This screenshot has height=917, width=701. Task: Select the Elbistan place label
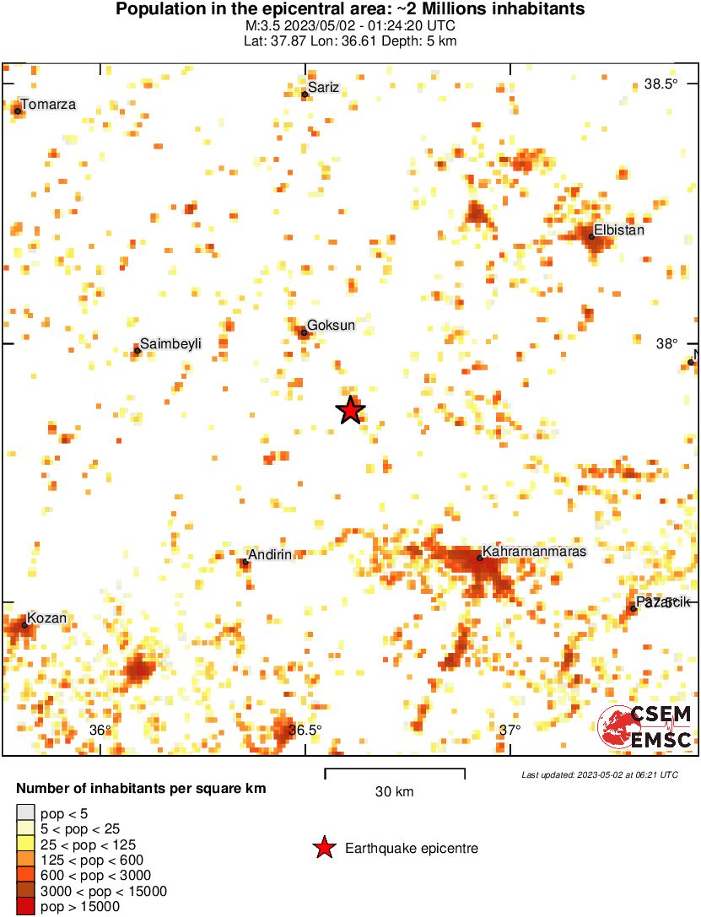coord(619,230)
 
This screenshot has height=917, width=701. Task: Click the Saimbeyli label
coord(171,343)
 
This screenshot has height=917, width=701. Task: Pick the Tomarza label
coord(48,105)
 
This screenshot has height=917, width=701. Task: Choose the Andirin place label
coord(270,554)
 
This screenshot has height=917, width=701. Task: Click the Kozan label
coord(46,618)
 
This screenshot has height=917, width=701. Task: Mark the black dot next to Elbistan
coord(591,237)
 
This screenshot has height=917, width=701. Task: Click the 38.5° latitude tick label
coord(661,84)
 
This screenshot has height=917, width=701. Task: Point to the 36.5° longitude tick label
coord(305,731)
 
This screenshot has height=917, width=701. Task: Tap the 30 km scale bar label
coord(394,792)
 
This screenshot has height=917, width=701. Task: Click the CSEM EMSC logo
coord(645,726)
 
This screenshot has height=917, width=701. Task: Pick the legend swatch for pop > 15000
coord(25,908)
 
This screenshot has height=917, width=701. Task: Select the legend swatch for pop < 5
coord(25,812)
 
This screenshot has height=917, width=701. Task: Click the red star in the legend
coord(323,848)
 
